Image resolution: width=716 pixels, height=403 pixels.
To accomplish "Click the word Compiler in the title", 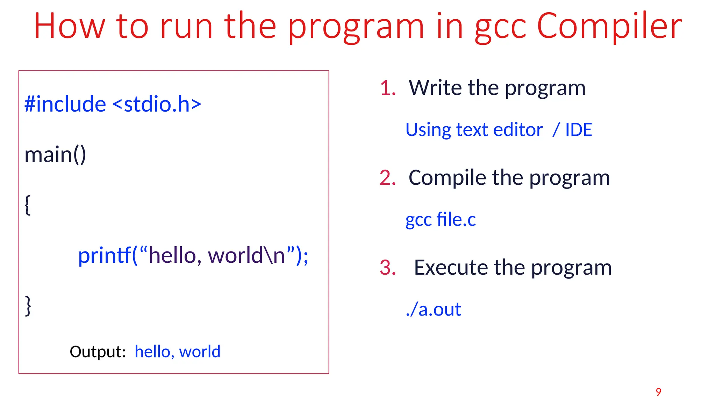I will pyautogui.click(x=609, y=27).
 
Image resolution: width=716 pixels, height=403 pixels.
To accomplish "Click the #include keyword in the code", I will pyautogui.click(x=65, y=104).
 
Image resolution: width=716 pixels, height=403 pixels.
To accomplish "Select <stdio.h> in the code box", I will pyautogui.click(x=157, y=104).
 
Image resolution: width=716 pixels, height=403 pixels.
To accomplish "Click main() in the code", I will pyautogui.click(x=55, y=155).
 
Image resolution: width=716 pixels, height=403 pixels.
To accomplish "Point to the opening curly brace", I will pyautogui.click(x=28, y=205).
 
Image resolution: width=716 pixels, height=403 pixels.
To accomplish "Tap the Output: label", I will pyautogui.click(x=98, y=352).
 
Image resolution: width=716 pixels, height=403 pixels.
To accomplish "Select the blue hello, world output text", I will pyautogui.click(x=178, y=352).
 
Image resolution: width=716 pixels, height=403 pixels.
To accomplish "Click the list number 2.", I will pyautogui.click(x=387, y=178).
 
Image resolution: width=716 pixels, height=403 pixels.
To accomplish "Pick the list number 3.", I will pyautogui.click(x=387, y=268).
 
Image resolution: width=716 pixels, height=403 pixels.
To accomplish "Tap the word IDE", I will pyautogui.click(x=579, y=130).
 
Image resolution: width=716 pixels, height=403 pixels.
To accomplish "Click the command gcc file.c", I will pyautogui.click(x=441, y=220).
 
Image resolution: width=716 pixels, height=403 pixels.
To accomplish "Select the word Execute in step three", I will pyautogui.click(x=451, y=268).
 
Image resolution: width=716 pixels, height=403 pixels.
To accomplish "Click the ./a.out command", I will pyautogui.click(x=434, y=310).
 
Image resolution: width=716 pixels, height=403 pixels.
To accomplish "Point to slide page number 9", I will pyautogui.click(x=659, y=392).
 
